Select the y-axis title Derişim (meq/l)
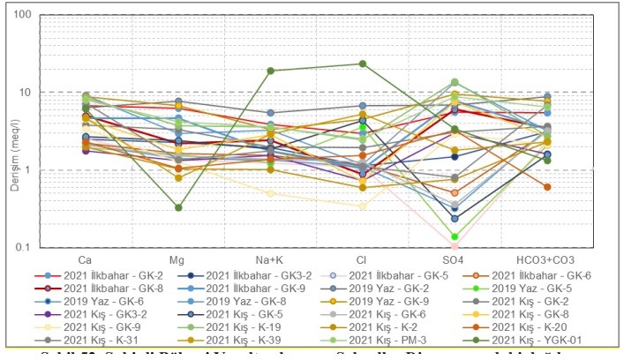pyautogui.click(x=11, y=131)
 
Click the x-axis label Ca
pyautogui.click(x=86, y=261)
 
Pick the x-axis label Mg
pyautogui.click(x=178, y=261)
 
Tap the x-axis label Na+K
pyautogui.click(x=271, y=261)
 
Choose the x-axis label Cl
pyautogui.click(x=363, y=261)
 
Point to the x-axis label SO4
pyautogui.click(x=454, y=261)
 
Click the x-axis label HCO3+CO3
pyautogui.click(x=547, y=261)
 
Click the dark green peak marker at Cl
pyautogui.click(x=363, y=64)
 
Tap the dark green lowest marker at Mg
pyautogui.click(x=178, y=207)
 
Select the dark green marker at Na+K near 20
pyautogui.click(x=271, y=71)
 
